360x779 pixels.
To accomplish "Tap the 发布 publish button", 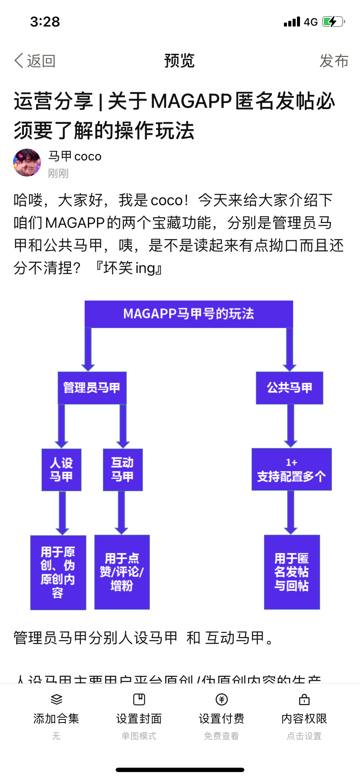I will (334, 61).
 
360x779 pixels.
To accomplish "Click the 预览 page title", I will (180, 61).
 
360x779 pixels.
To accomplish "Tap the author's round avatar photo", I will (27, 163).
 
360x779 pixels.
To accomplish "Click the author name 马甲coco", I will (75, 156).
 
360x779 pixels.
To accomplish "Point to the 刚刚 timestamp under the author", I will (58, 173).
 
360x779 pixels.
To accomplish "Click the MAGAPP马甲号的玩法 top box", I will (189, 313).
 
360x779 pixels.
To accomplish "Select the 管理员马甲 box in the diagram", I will (92, 388).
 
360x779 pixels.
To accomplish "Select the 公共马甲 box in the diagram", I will (290, 388).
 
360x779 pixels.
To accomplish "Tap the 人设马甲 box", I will (61, 469).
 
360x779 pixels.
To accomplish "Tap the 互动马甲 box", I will (123, 469).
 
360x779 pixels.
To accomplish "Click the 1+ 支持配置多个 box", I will (291, 469).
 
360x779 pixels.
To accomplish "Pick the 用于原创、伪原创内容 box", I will (58, 572).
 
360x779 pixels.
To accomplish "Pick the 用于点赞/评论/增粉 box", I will (122, 572).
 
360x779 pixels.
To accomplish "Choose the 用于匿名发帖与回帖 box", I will (292, 572).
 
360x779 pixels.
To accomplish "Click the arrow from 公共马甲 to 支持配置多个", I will (290, 425).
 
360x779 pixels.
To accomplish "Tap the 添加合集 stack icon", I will (57, 699).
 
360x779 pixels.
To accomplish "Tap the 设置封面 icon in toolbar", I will (139, 699).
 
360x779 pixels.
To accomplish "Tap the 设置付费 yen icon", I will (222, 699).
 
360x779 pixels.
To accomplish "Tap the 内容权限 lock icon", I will (304, 699).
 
